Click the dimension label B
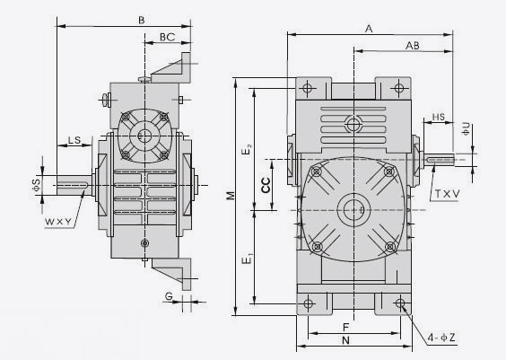pyautogui.click(x=142, y=21)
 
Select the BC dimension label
pyautogui.click(x=167, y=37)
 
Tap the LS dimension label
pyautogui.click(x=74, y=140)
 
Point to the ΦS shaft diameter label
pyautogui.click(x=36, y=185)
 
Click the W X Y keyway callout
pyautogui.click(x=57, y=222)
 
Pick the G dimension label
pyautogui.click(x=169, y=296)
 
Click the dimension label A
pyautogui.click(x=369, y=29)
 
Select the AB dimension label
pyautogui.click(x=413, y=46)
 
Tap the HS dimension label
pyautogui.click(x=438, y=117)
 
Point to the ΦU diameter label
pyautogui.click(x=466, y=128)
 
